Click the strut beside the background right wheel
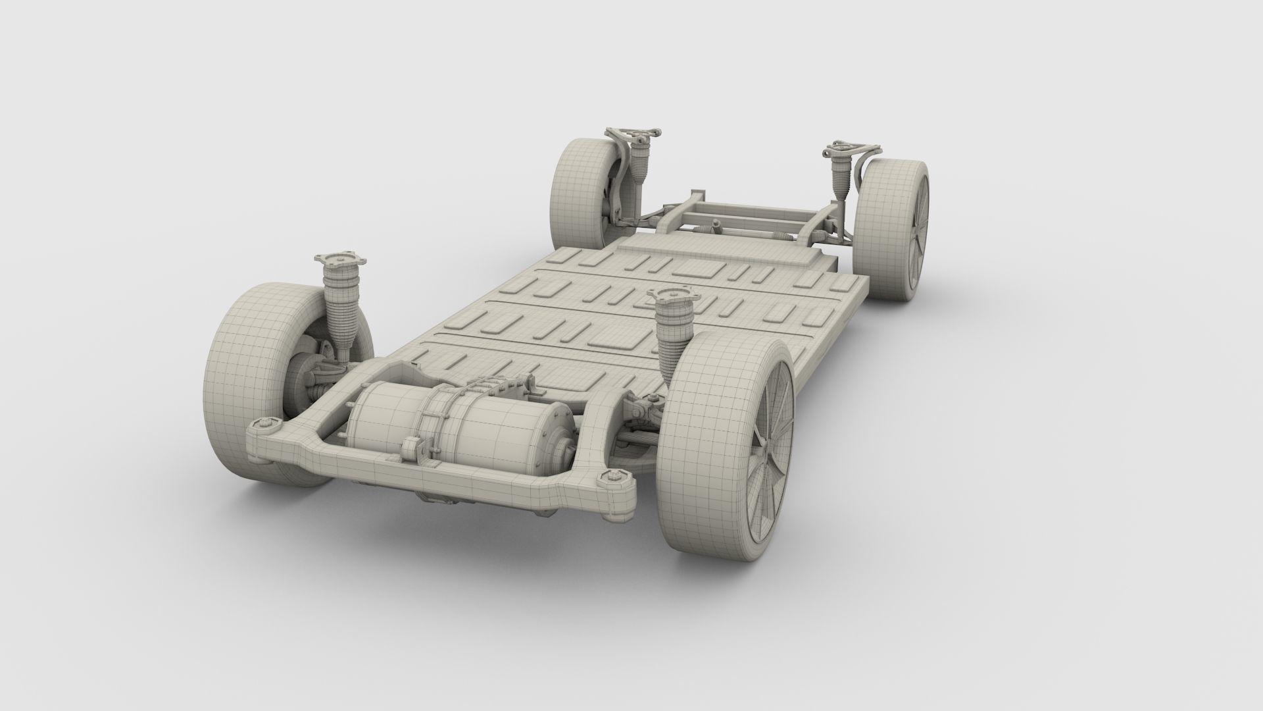(x=842, y=178)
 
